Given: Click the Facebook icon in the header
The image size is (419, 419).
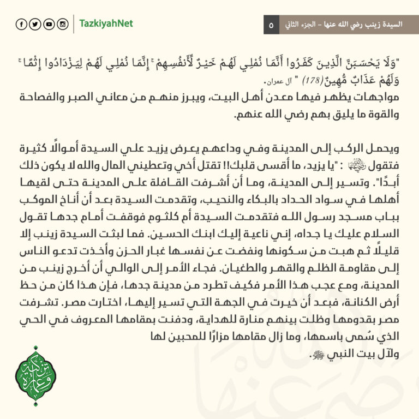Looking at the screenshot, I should click(21, 24).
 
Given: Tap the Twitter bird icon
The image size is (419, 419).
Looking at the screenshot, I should click(34, 24).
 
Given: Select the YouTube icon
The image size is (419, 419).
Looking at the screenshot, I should click(48, 24).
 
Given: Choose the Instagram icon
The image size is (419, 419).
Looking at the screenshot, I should click(62, 24).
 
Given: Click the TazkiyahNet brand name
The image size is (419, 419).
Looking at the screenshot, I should click(106, 24).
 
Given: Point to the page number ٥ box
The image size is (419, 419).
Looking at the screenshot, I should click(272, 25).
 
